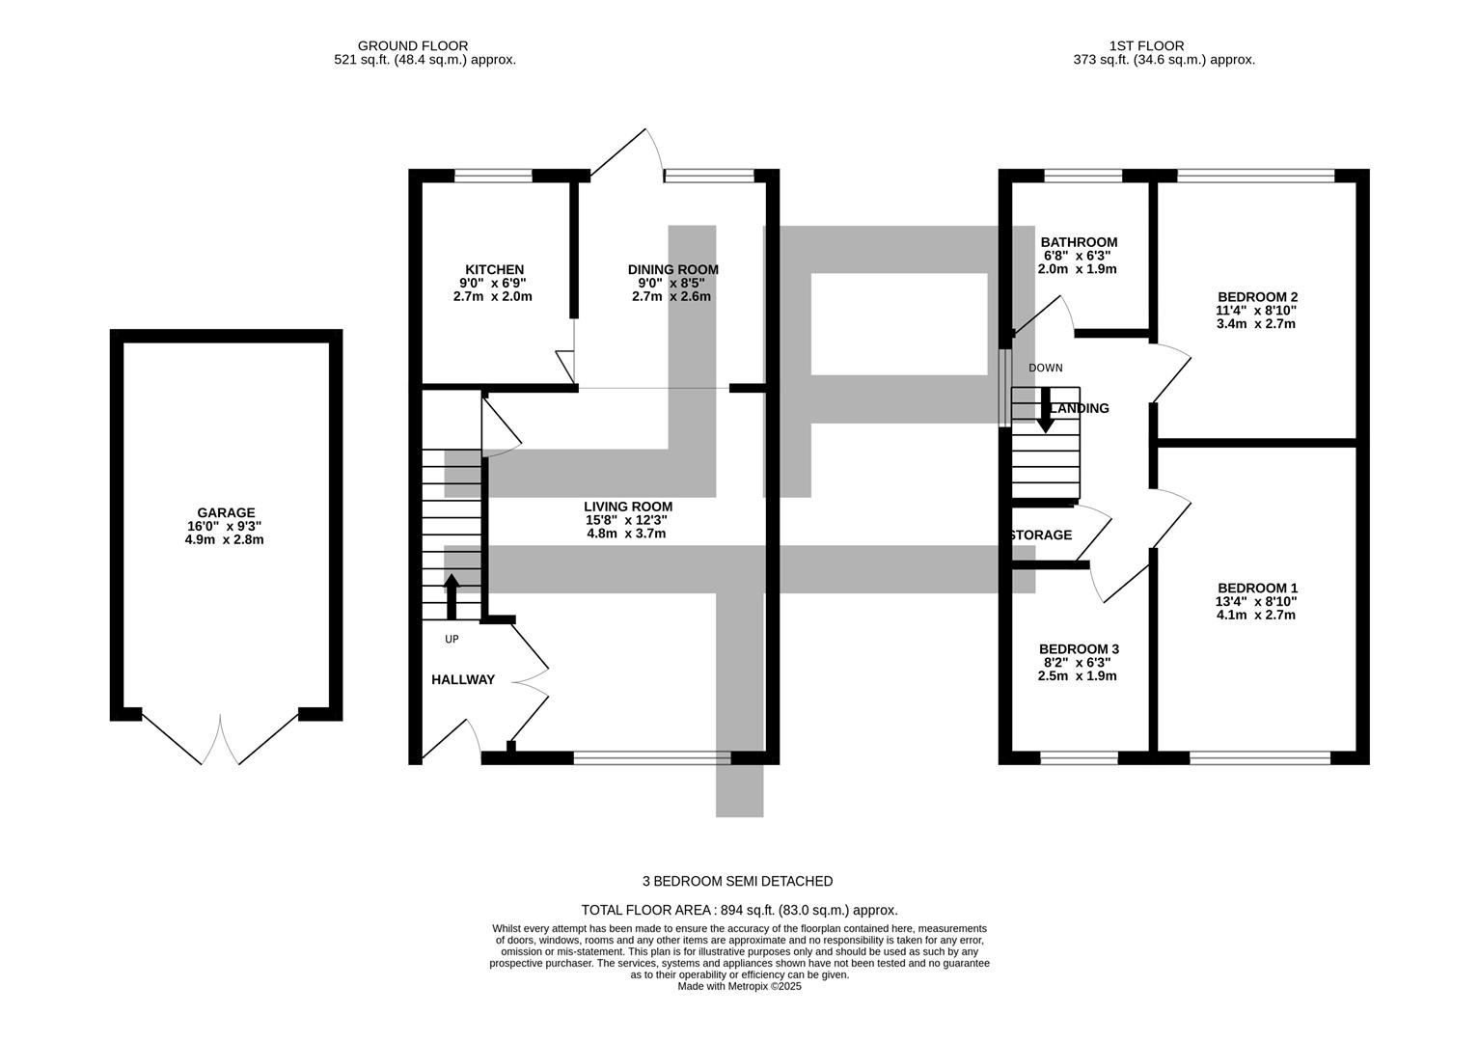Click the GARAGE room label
point(226,513)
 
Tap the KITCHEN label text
point(494,270)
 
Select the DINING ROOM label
point(672,270)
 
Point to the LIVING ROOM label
point(627,507)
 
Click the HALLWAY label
point(462,680)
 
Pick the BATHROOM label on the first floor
point(1079,242)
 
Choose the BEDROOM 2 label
point(1257,297)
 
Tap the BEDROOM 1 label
point(1257,589)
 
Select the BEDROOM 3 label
point(1079,649)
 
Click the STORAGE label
point(1041,535)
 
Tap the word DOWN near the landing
point(1045,368)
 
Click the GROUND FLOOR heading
point(412,45)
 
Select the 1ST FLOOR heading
point(1146,45)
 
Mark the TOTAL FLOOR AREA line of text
point(739,910)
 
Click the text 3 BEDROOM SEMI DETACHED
point(737,881)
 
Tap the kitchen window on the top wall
point(493,176)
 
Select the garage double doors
point(220,740)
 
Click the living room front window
point(652,758)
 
